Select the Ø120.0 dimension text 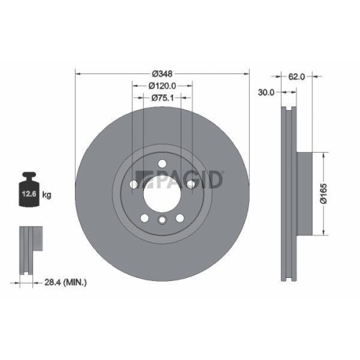click(x=162, y=86)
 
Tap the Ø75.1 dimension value click(x=162, y=99)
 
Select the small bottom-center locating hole click(x=162, y=220)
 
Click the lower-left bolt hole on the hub click(x=145, y=217)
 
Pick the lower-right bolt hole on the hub click(x=179, y=217)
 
